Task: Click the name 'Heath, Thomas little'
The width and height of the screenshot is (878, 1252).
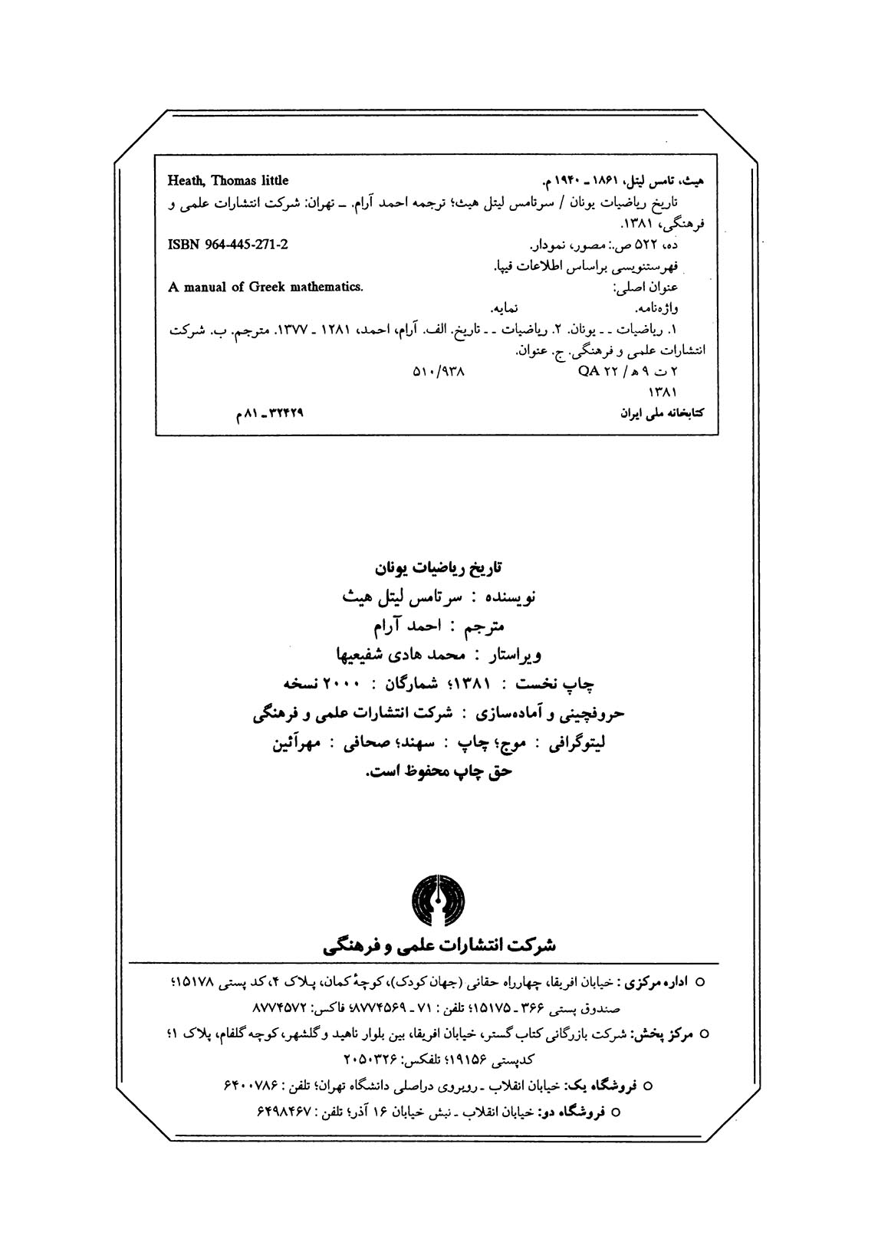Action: click(x=228, y=181)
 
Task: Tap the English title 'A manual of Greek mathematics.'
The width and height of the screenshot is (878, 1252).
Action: click(x=265, y=288)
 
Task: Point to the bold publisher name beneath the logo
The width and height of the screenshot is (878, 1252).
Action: click(x=439, y=945)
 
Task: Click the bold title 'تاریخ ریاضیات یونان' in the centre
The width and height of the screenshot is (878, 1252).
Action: click(x=436, y=569)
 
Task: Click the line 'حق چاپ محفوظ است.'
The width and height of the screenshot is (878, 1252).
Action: click(x=438, y=772)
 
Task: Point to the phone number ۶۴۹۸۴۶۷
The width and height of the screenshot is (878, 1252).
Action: click(x=278, y=1110)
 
